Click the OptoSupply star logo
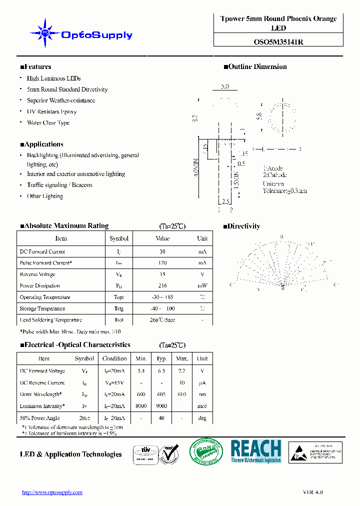click(45, 33)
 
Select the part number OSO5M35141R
click(278, 42)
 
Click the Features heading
click(35, 67)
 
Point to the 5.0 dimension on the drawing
click(224, 86)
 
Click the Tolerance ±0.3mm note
click(284, 190)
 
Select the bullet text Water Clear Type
click(48, 123)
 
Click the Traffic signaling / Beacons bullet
click(59, 185)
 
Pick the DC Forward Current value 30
click(162, 251)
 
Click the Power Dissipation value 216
click(162, 286)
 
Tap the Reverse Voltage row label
click(37, 274)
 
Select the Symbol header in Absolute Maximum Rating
click(119, 238)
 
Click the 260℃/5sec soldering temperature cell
click(162, 320)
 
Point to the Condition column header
click(114, 358)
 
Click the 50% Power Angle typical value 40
click(161, 418)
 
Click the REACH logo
click(255, 451)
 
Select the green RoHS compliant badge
click(205, 452)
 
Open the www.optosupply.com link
click(52, 492)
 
